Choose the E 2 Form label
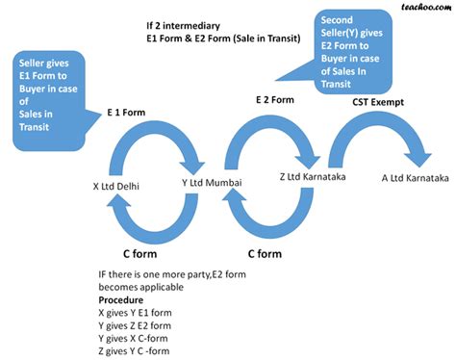point(272,99)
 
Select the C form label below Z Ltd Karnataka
point(265,254)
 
